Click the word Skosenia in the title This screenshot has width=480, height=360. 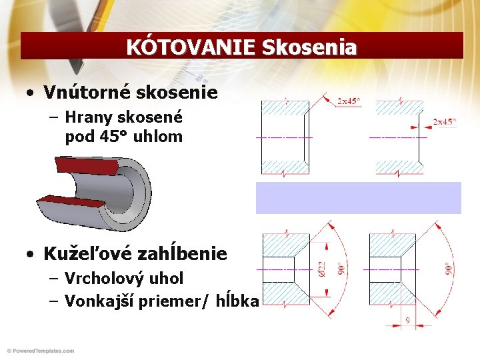coord(309,47)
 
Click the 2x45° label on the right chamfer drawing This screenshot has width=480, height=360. coord(445,122)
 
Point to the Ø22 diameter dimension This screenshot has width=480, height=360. coord(322,269)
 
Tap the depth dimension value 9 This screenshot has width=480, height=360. coord(407,319)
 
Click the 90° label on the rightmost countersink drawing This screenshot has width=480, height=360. coord(449,269)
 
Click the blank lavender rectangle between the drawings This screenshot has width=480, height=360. coord(358,197)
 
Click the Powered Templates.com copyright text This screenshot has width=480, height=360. coord(41,351)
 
